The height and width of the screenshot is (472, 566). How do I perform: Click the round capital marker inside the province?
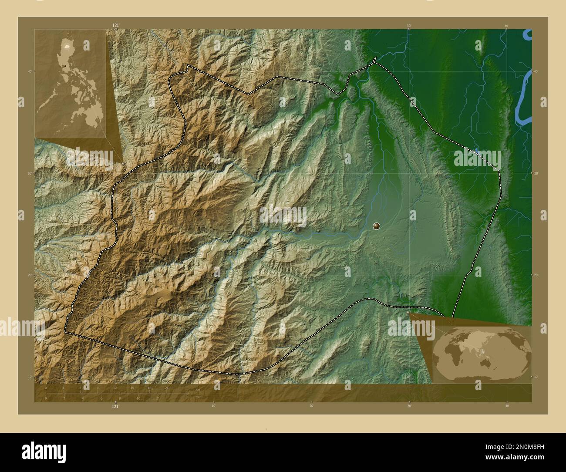pos(377,226)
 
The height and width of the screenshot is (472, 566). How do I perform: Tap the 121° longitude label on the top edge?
pos(115,26)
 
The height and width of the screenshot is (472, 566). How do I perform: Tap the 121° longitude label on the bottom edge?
pos(115,406)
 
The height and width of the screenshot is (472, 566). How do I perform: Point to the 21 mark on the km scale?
pos(166,388)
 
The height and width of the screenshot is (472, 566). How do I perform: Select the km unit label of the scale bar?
pos(198,389)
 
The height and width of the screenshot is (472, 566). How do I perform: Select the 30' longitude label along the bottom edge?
pos(409,406)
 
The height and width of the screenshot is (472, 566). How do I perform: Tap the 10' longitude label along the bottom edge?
pos(213,406)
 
